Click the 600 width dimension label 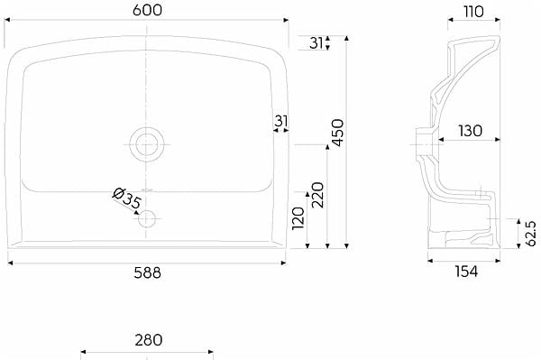[147, 10]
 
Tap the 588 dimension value [147, 273]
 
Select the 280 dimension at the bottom [149, 340]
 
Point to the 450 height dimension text [337, 133]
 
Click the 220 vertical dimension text [317, 195]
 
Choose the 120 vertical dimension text [298, 218]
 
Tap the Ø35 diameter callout [126, 198]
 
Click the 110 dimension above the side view [473, 12]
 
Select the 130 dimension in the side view [470, 131]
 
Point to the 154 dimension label [466, 272]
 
